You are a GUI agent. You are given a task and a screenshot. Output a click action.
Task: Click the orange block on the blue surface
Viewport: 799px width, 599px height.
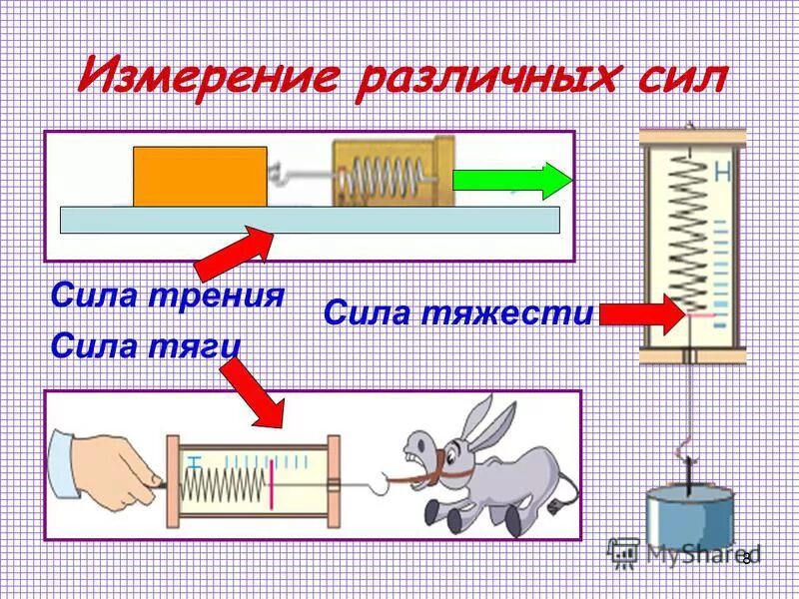[200, 177]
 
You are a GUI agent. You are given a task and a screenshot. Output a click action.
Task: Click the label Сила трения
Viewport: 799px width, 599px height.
[167, 297]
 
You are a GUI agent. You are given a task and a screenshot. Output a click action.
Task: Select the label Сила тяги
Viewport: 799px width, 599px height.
[145, 346]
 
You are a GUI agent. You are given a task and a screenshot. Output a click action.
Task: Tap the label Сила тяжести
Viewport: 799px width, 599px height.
[458, 314]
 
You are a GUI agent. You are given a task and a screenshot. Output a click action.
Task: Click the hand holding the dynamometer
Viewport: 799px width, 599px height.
[100, 464]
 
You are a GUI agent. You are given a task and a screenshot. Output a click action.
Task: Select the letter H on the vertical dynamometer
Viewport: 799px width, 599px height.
[723, 174]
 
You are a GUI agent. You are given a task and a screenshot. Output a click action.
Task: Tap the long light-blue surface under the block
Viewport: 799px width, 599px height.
[310, 220]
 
